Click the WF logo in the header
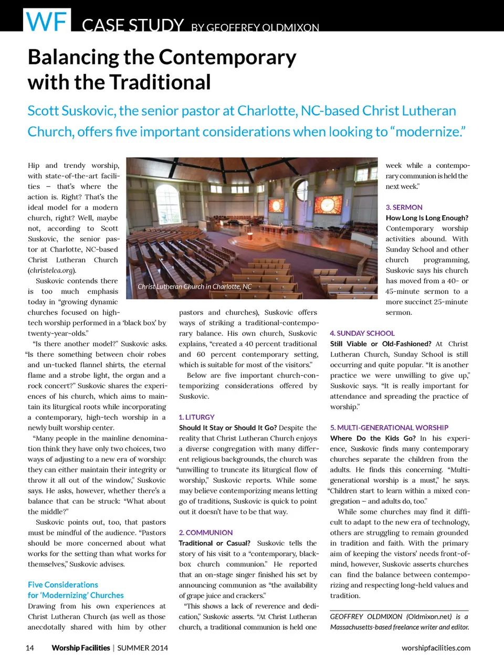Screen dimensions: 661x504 47,22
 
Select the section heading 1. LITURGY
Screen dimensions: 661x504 196,417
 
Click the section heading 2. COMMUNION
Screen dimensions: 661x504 205,532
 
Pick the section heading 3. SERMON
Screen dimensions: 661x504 404,207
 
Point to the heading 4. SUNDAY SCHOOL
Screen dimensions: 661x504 362,333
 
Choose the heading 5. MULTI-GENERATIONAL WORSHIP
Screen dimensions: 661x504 389,428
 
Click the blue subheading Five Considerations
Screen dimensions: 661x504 63,584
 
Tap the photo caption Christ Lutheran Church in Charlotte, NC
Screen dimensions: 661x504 195,286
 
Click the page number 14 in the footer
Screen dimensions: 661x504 30,648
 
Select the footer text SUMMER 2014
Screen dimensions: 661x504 142,648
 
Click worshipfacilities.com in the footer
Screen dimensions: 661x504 436,648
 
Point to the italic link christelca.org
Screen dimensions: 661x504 52,270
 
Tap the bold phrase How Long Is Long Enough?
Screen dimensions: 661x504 427,218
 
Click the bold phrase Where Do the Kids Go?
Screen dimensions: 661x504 373,438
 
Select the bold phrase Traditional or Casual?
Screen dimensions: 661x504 214,543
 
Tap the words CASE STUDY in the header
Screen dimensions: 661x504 133,25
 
